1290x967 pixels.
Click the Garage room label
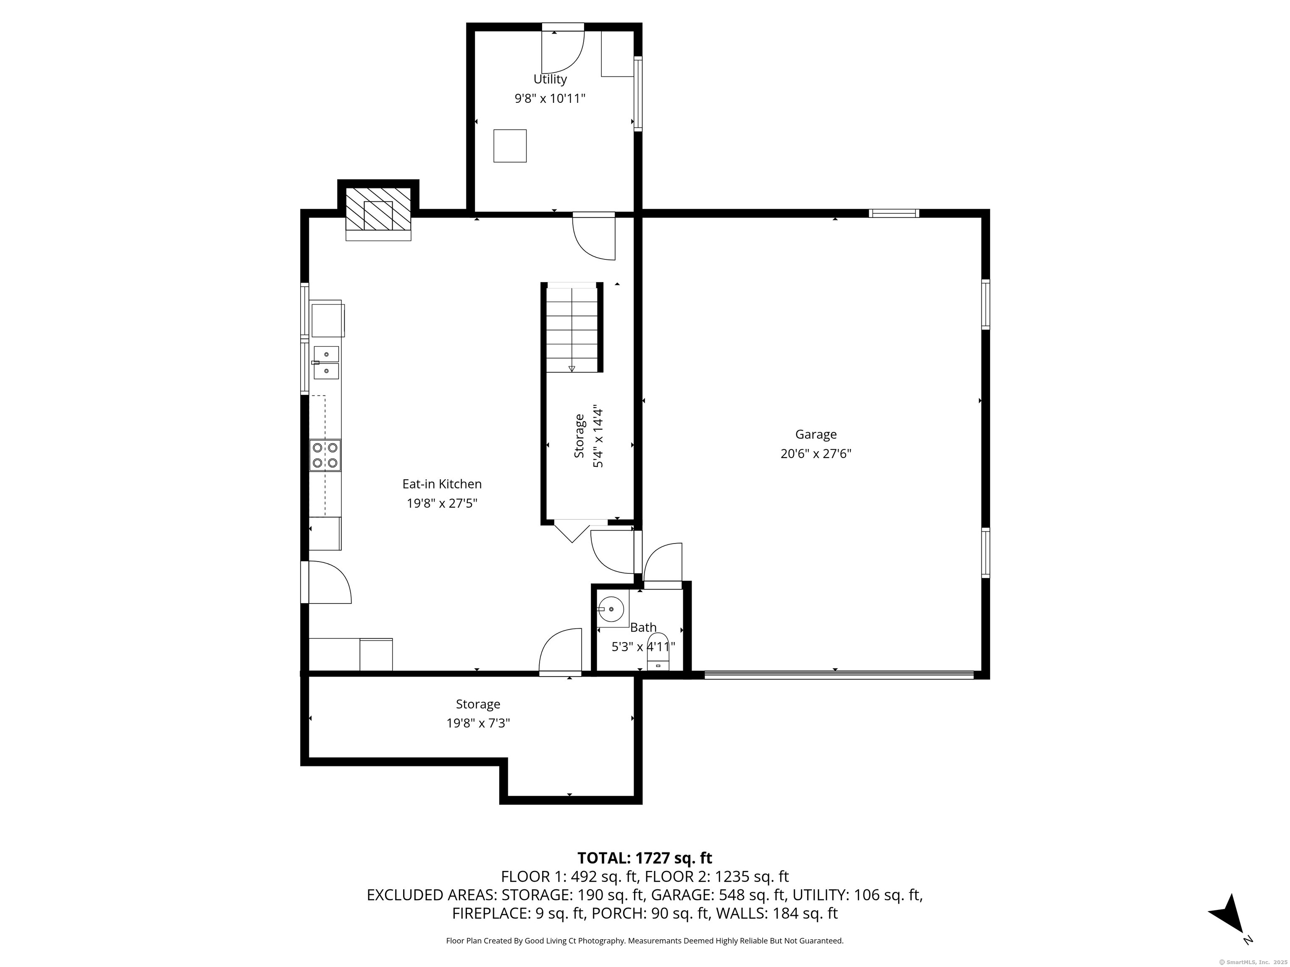click(x=816, y=434)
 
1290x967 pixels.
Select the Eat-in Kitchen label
click(x=442, y=484)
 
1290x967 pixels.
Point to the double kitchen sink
click(x=326, y=363)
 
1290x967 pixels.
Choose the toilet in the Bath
click(x=659, y=660)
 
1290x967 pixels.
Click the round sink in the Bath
click(x=611, y=609)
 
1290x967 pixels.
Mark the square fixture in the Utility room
click(x=510, y=146)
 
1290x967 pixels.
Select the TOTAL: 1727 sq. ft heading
click(x=645, y=858)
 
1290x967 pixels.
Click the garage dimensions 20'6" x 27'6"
click(x=816, y=453)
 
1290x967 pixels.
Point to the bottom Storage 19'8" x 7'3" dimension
click(x=478, y=723)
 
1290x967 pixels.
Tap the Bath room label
click(x=643, y=627)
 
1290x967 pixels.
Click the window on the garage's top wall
click(x=894, y=213)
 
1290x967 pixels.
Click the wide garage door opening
click(x=839, y=675)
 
